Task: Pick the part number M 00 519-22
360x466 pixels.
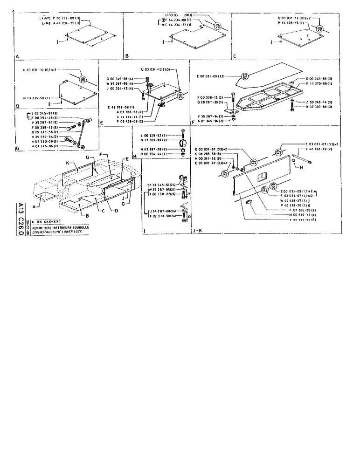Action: click(x=296, y=215)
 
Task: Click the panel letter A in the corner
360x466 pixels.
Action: click(x=17, y=56)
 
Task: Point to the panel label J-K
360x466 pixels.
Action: click(x=197, y=230)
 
